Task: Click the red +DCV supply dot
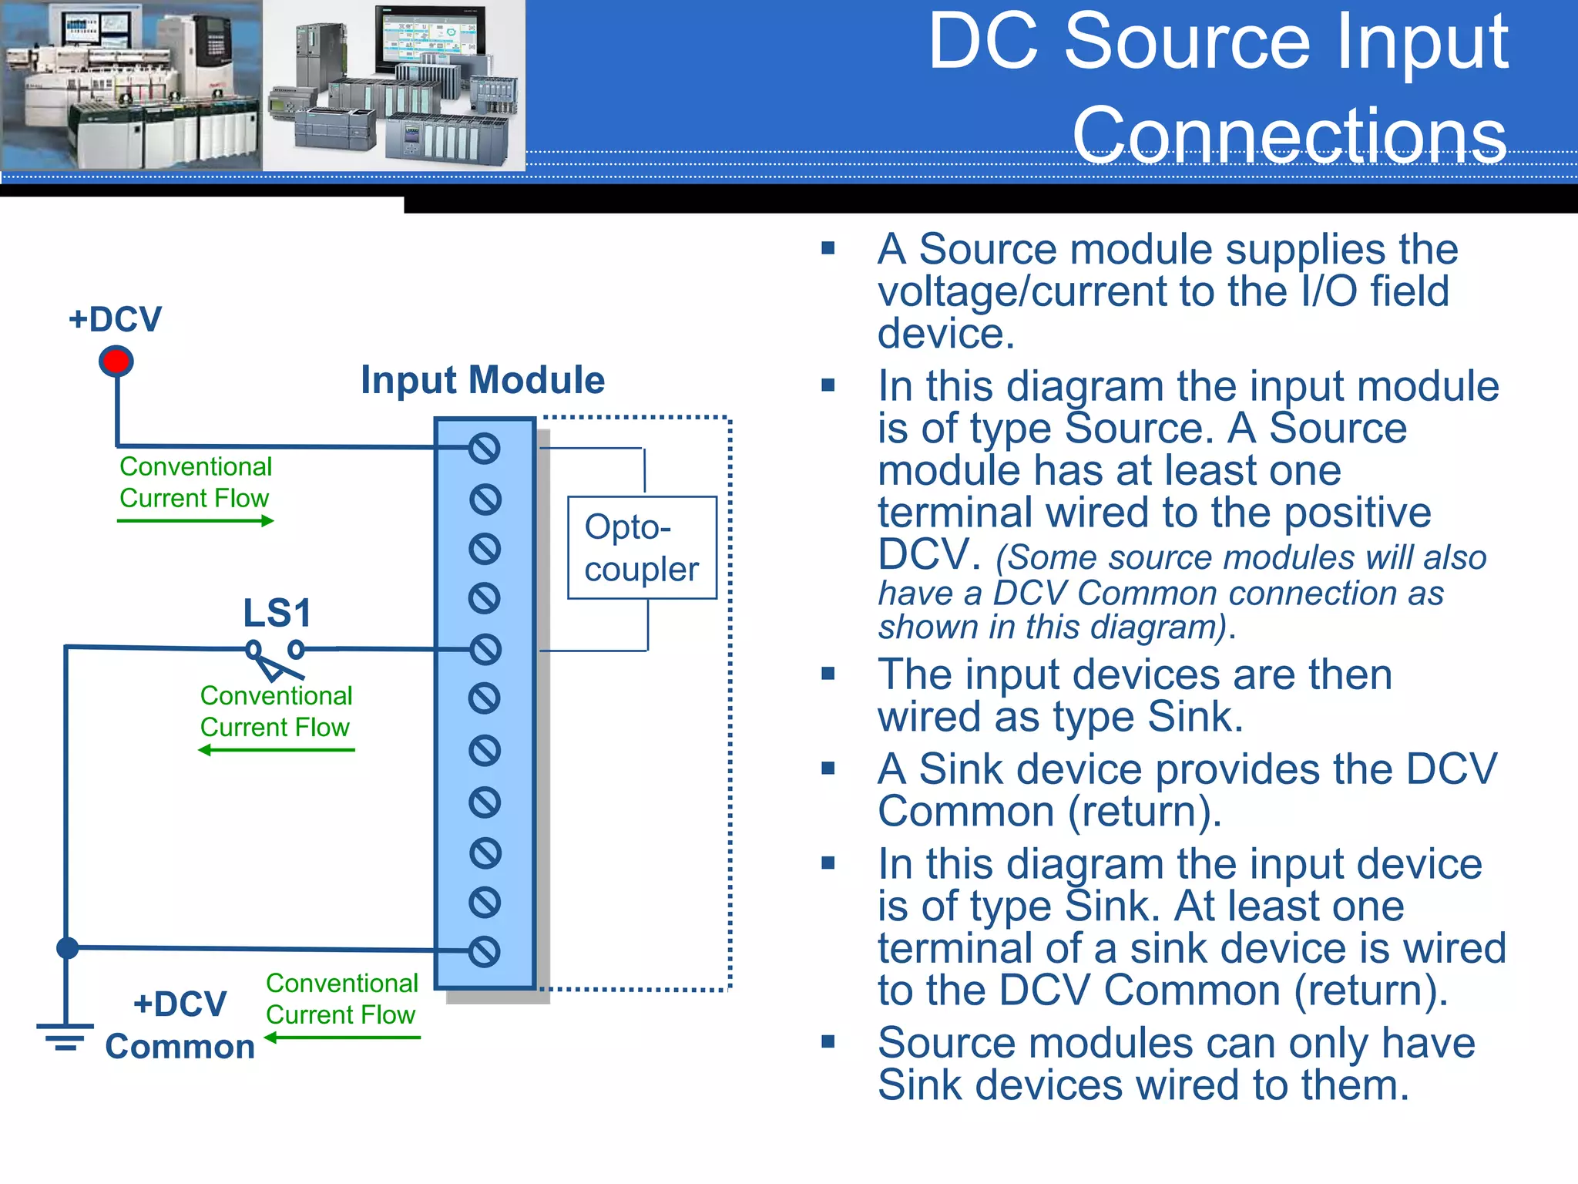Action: [x=116, y=362]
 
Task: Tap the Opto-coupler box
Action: [x=642, y=548]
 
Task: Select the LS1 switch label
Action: [x=277, y=614]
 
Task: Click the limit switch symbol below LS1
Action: [x=274, y=658]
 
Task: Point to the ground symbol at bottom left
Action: [x=65, y=1036]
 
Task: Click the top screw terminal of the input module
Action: [x=485, y=449]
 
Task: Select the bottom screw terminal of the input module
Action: [x=485, y=952]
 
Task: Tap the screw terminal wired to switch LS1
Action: [x=485, y=650]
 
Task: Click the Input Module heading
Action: [x=483, y=380]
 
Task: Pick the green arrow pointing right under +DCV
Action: [x=196, y=521]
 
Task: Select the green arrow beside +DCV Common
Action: [x=342, y=1038]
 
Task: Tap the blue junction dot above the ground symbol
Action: [x=68, y=948]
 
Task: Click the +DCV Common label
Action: [x=180, y=1026]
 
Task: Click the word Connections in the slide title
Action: [x=1289, y=136]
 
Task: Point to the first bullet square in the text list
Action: [x=828, y=248]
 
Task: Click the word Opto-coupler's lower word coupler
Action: [x=641, y=570]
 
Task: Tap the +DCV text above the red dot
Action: [x=116, y=319]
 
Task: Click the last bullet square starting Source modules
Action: [x=828, y=1042]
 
